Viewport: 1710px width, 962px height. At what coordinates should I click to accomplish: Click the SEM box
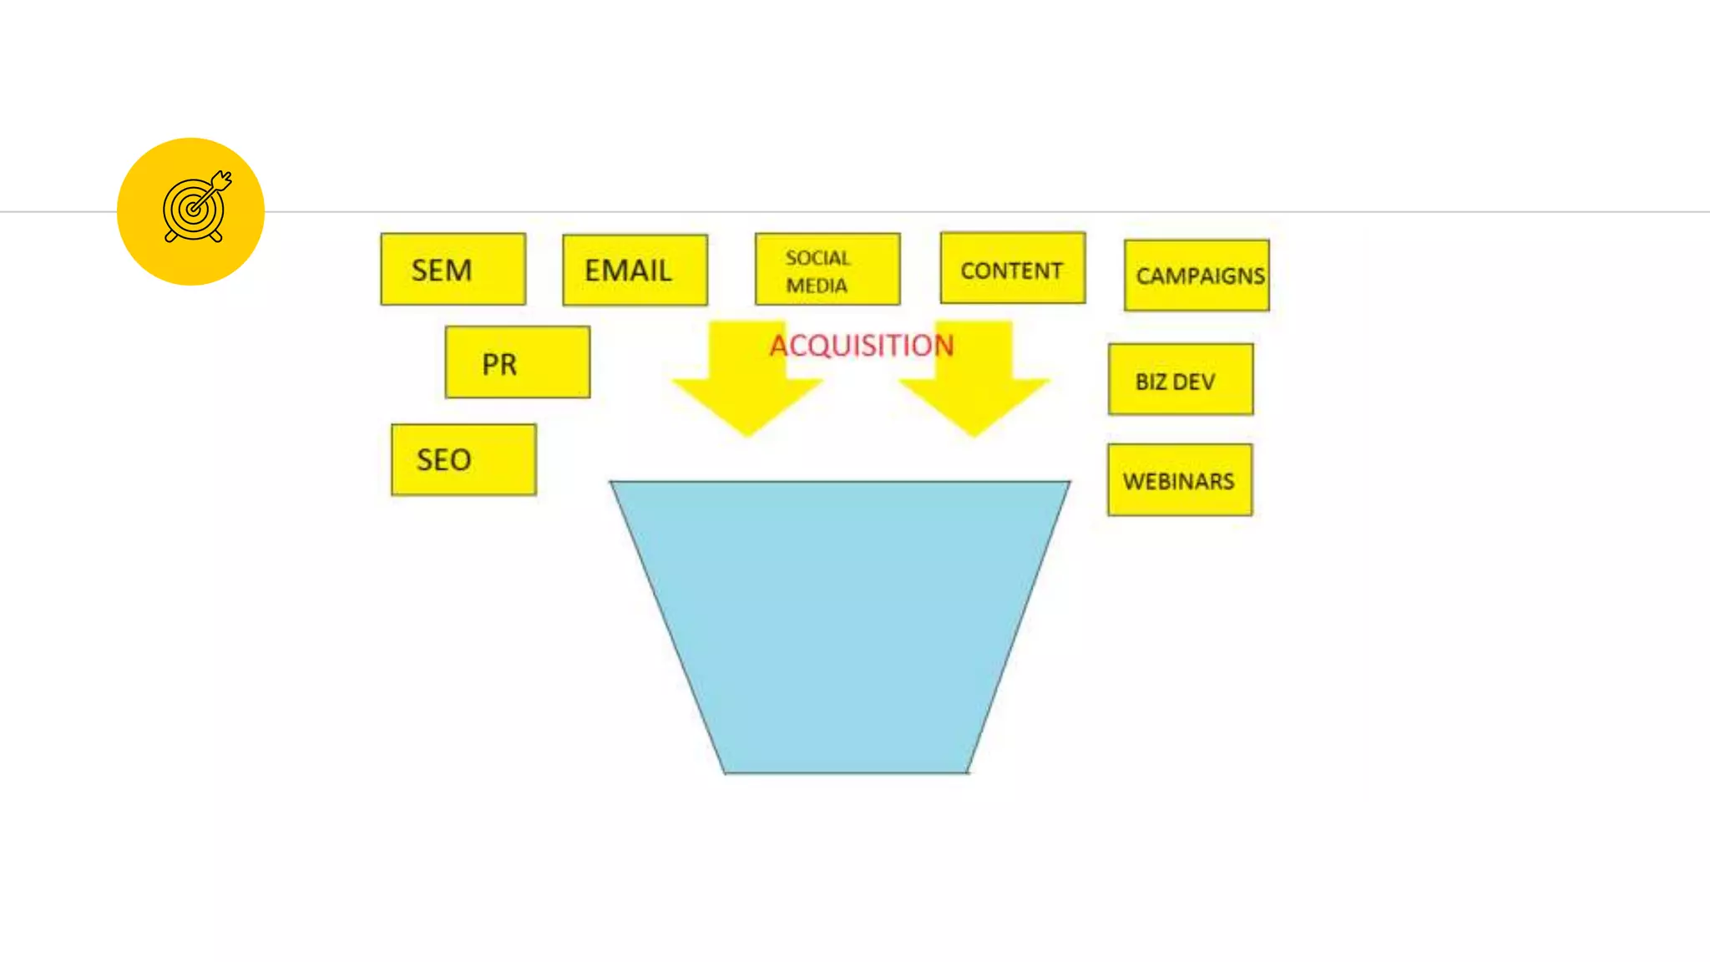tap(453, 269)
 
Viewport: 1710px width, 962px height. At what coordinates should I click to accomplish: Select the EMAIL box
tap(635, 270)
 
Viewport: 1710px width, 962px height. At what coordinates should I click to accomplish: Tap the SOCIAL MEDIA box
tap(827, 269)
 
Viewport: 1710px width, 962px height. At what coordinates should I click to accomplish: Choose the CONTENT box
tap(1012, 268)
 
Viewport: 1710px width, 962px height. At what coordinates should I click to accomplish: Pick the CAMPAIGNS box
tap(1196, 276)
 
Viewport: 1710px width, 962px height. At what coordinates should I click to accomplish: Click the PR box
tap(517, 362)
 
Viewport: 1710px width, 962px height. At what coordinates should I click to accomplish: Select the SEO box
tap(463, 459)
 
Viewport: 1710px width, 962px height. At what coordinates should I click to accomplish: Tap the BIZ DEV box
tap(1180, 379)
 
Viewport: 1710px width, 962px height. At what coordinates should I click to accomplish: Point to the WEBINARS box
tap(1179, 480)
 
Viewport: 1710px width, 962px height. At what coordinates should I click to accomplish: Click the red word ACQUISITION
tap(861, 345)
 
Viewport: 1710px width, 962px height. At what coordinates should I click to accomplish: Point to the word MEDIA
tap(816, 286)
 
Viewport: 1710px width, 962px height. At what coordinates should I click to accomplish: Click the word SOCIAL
tap(817, 258)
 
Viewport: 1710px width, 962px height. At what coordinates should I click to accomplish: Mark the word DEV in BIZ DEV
tap(1193, 382)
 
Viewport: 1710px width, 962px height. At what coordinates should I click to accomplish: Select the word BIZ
tap(1151, 382)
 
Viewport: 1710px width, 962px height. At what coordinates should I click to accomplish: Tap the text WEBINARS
tap(1178, 481)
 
